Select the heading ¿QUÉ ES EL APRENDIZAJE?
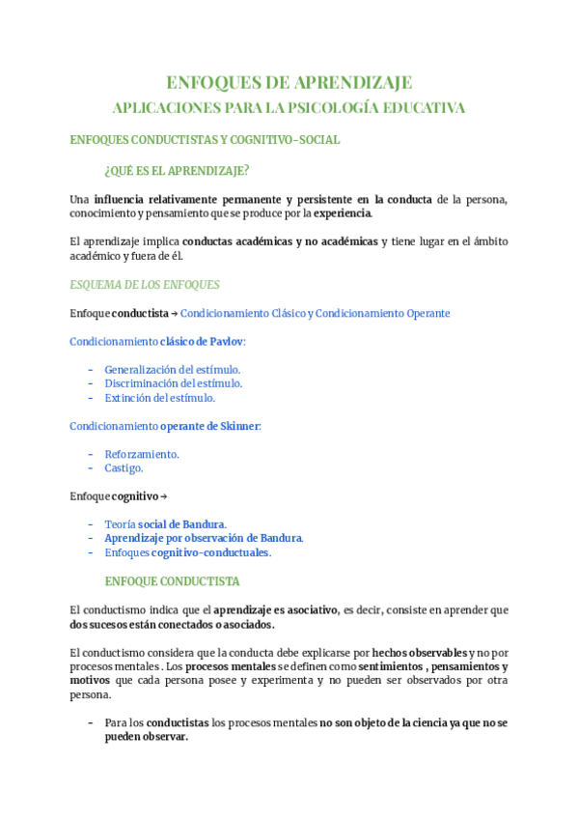[177, 172]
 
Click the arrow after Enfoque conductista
[174, 314]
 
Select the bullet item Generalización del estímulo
[172, 370]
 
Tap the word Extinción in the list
[128, 398]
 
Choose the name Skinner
[240, 426]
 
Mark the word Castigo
[123, 468]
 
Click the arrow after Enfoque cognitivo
[163, 496]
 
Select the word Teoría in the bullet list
[120, 524]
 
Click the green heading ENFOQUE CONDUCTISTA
[172, 581]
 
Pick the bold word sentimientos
[392, 666]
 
